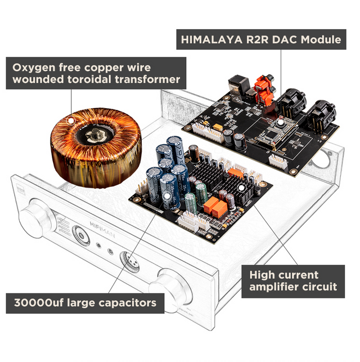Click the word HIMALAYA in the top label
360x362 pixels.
pyautogui.click(x=211, y=40)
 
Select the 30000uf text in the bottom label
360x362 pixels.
pyautogui.click(x=39, y=303)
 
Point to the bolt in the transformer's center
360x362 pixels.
pyautogui.click(x=95, y=135)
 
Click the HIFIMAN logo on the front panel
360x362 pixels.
pyautogui.click(x=102, y=229)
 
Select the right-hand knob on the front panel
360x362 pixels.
pyautogui.click(x=170, y=290)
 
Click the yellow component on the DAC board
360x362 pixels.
pyautogui.click(x=218, y=127)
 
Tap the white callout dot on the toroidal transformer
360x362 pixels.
pyautogui.click(x=70, y=120)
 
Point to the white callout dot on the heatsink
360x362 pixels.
pyautogui.click(x=241, y=188)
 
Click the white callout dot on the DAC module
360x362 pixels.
pyautogui.click(x=281, y=122)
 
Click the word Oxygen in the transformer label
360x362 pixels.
pyautogui.click(x=34, y=68)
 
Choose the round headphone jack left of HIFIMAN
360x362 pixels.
pyautogui.click(x=81, y=235)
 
